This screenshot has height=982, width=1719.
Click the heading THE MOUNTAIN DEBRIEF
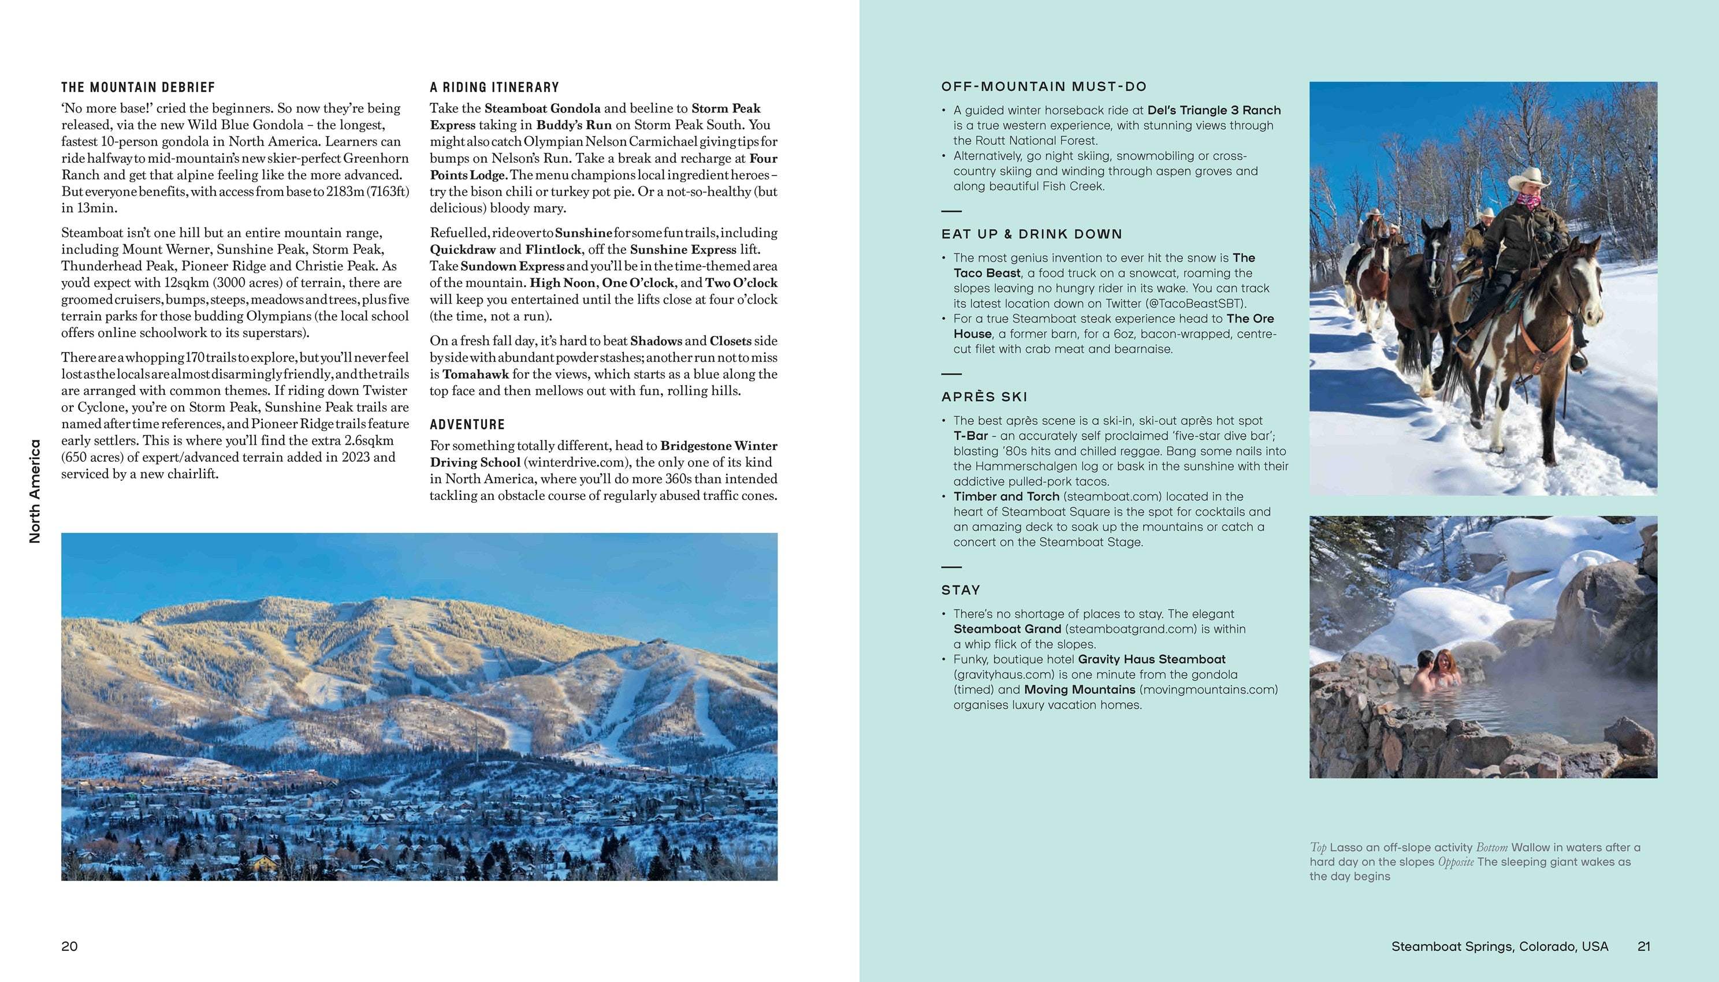tap(138, 88)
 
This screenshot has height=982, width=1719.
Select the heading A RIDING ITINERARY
tap(494, 88)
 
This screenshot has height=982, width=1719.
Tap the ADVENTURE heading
tap(467, 425)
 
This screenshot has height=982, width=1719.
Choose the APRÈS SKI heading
tap(984, 397)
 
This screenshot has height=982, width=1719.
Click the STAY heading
tap(961, 590)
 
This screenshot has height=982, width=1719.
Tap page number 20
tap(69, 946)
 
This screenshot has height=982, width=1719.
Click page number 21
tap(1643, 946)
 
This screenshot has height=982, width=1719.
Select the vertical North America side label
tap(35, 491)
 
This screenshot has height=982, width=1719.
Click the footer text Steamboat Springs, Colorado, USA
tap(1499, 946)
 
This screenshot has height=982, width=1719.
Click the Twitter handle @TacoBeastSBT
tap(1196, 304)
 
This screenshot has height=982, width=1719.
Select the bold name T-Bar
tap(970, 436)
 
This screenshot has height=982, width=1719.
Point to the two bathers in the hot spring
tap(1438, 672)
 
